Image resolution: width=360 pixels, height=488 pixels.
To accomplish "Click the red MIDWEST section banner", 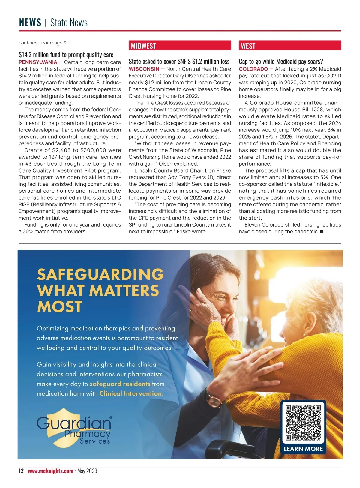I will (x=180, y=46).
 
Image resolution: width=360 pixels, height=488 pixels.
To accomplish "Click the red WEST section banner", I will (x=290, y=46).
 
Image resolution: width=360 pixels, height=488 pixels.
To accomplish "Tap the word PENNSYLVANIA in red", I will (x=38, y=62).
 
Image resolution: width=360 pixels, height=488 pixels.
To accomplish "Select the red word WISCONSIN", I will (x=144, y=69).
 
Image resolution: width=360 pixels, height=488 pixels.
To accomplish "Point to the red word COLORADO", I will (x=253, y=69).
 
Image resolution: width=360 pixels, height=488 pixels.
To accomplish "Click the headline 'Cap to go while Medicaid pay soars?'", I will (x=281, y=62).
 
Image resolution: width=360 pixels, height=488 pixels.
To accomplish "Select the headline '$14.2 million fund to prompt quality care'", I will (x=66, y=55).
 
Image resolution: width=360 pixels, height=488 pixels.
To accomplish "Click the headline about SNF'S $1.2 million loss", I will (x=179, y=62).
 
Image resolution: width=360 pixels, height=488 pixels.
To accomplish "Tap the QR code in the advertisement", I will (x=303, y=422).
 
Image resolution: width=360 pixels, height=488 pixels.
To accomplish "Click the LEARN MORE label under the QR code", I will (x=303, y=449).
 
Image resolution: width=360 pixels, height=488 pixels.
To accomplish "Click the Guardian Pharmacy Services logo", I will (x=74, y=430).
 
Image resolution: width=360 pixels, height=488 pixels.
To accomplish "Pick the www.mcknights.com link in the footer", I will (x=50, y=471).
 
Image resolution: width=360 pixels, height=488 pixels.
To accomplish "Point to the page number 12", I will (x=21, y=471).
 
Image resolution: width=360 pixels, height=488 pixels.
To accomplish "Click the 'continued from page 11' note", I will (x=43, y=43).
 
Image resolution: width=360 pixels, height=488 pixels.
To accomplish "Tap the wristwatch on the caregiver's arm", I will (x=214, y=400).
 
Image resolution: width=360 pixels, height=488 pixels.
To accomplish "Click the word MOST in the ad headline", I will (x=60, y=307).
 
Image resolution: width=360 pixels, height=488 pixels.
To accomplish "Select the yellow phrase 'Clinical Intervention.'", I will (x=131, y=393).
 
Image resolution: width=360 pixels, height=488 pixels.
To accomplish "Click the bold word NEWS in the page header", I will (x=30, y=23).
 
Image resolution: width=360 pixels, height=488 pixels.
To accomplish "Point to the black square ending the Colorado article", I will (x=322, y=232).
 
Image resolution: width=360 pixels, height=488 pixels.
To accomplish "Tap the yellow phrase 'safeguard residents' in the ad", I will (x=120, y=384).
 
